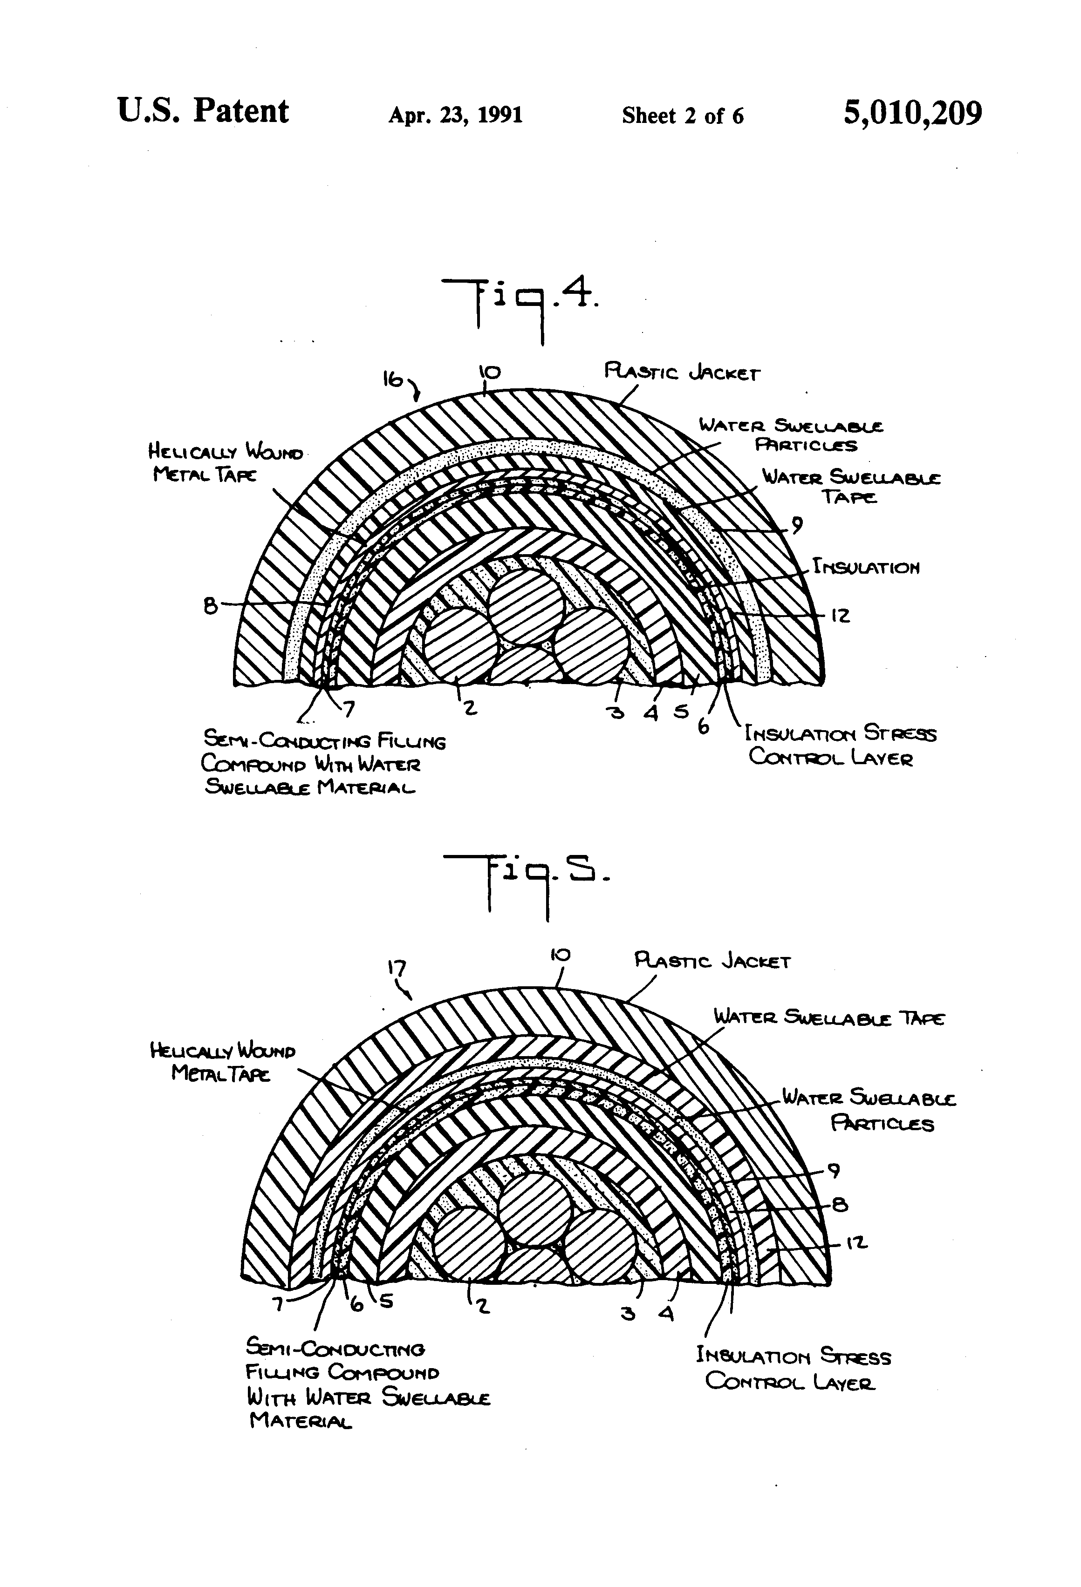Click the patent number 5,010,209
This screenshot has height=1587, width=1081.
coord(912,113)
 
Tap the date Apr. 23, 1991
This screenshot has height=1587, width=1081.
coord(455,115)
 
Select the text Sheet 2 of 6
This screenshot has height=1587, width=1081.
coord(682,115)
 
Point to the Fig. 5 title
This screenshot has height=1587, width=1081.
coord(526,884)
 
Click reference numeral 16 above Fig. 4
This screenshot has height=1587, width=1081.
coord(393,380)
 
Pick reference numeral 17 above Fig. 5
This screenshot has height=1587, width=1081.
coord(397,968)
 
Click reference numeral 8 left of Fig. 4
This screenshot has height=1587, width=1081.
coord(211,605)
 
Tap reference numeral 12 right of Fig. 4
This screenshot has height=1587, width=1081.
coord(841,615)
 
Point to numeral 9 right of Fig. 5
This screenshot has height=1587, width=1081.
coord(834,1170)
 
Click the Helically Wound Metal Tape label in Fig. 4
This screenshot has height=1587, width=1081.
coord(226,462)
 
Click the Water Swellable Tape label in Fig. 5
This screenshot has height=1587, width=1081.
coord(829,1017)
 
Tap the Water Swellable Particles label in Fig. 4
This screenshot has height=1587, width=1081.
coord(791,435)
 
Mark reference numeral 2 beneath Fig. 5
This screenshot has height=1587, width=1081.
coord(482,1306)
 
